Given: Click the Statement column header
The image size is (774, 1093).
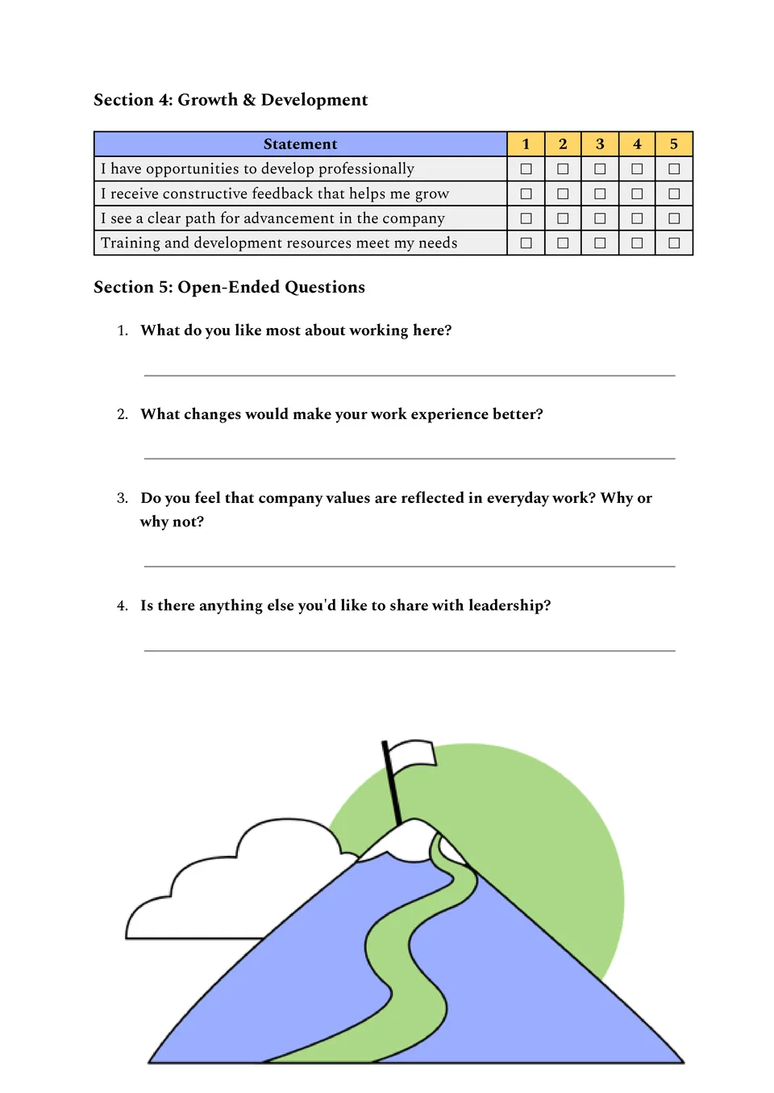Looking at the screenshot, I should (300, 144).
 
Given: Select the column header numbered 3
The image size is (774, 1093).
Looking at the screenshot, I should (600, 144).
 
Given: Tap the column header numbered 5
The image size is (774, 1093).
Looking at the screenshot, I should (674, 144).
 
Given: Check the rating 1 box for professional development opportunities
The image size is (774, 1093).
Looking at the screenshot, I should (526, 169).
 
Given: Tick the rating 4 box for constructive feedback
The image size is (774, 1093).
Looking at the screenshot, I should (637, 194).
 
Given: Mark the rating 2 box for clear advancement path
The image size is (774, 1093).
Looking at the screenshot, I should (563, 218).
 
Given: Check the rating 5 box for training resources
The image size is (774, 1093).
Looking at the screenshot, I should (674, 243).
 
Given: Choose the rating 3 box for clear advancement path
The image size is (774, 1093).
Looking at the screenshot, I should (600, 218).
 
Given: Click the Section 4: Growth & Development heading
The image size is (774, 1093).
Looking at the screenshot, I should (231, 100).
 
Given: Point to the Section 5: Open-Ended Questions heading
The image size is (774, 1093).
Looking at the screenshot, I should (229, 288).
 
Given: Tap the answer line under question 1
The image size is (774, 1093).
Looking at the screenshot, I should (410, 376).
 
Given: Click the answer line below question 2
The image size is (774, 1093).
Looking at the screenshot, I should (410, 459).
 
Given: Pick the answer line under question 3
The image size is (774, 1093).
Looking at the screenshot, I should (410, 567).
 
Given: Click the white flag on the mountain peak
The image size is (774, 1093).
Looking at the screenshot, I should (413, 754).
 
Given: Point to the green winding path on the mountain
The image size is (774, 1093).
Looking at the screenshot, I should (403, 967).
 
